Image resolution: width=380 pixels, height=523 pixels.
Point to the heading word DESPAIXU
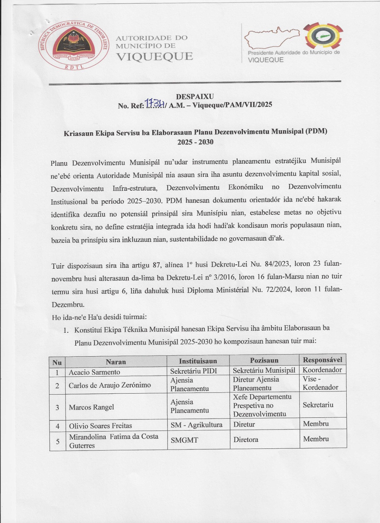(195, 96)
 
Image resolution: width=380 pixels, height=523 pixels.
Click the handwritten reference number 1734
(155, 103)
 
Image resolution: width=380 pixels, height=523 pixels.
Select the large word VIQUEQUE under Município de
(155, 56)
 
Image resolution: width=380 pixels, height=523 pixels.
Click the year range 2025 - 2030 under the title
(195, 142)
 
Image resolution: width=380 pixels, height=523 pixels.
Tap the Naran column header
(116, 362)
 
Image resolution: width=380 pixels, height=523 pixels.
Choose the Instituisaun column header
(198, 361)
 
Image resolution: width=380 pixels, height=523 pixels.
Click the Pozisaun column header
(264, 360)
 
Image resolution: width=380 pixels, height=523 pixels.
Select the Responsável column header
(322, 360)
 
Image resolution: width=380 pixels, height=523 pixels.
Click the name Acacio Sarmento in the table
(94, 372)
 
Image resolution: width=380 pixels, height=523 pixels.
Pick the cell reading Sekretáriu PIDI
(193, 371)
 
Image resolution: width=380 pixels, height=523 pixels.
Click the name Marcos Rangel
(91, 407)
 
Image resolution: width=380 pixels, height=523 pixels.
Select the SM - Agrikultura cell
(196, 425)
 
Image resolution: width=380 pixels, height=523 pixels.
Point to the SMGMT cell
(184, 440)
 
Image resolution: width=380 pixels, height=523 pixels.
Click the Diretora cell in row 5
(246, 440)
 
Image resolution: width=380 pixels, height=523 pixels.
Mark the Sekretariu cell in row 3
(318, 405)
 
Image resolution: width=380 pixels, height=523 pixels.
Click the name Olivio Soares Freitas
(100, 426)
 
